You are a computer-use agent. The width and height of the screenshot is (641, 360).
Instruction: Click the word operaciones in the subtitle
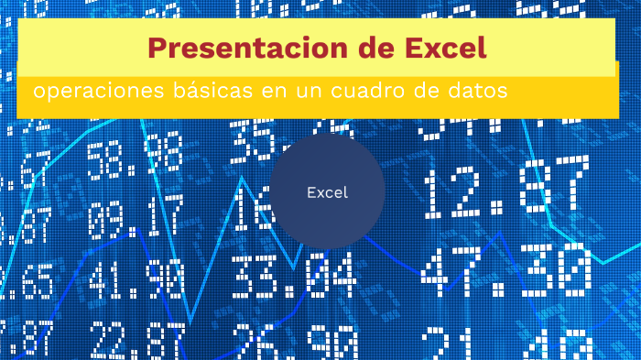coord(87,93)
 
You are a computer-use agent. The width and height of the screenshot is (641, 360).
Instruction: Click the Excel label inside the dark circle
coord(327,192)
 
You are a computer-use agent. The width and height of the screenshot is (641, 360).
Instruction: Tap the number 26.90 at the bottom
coord(293,344)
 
